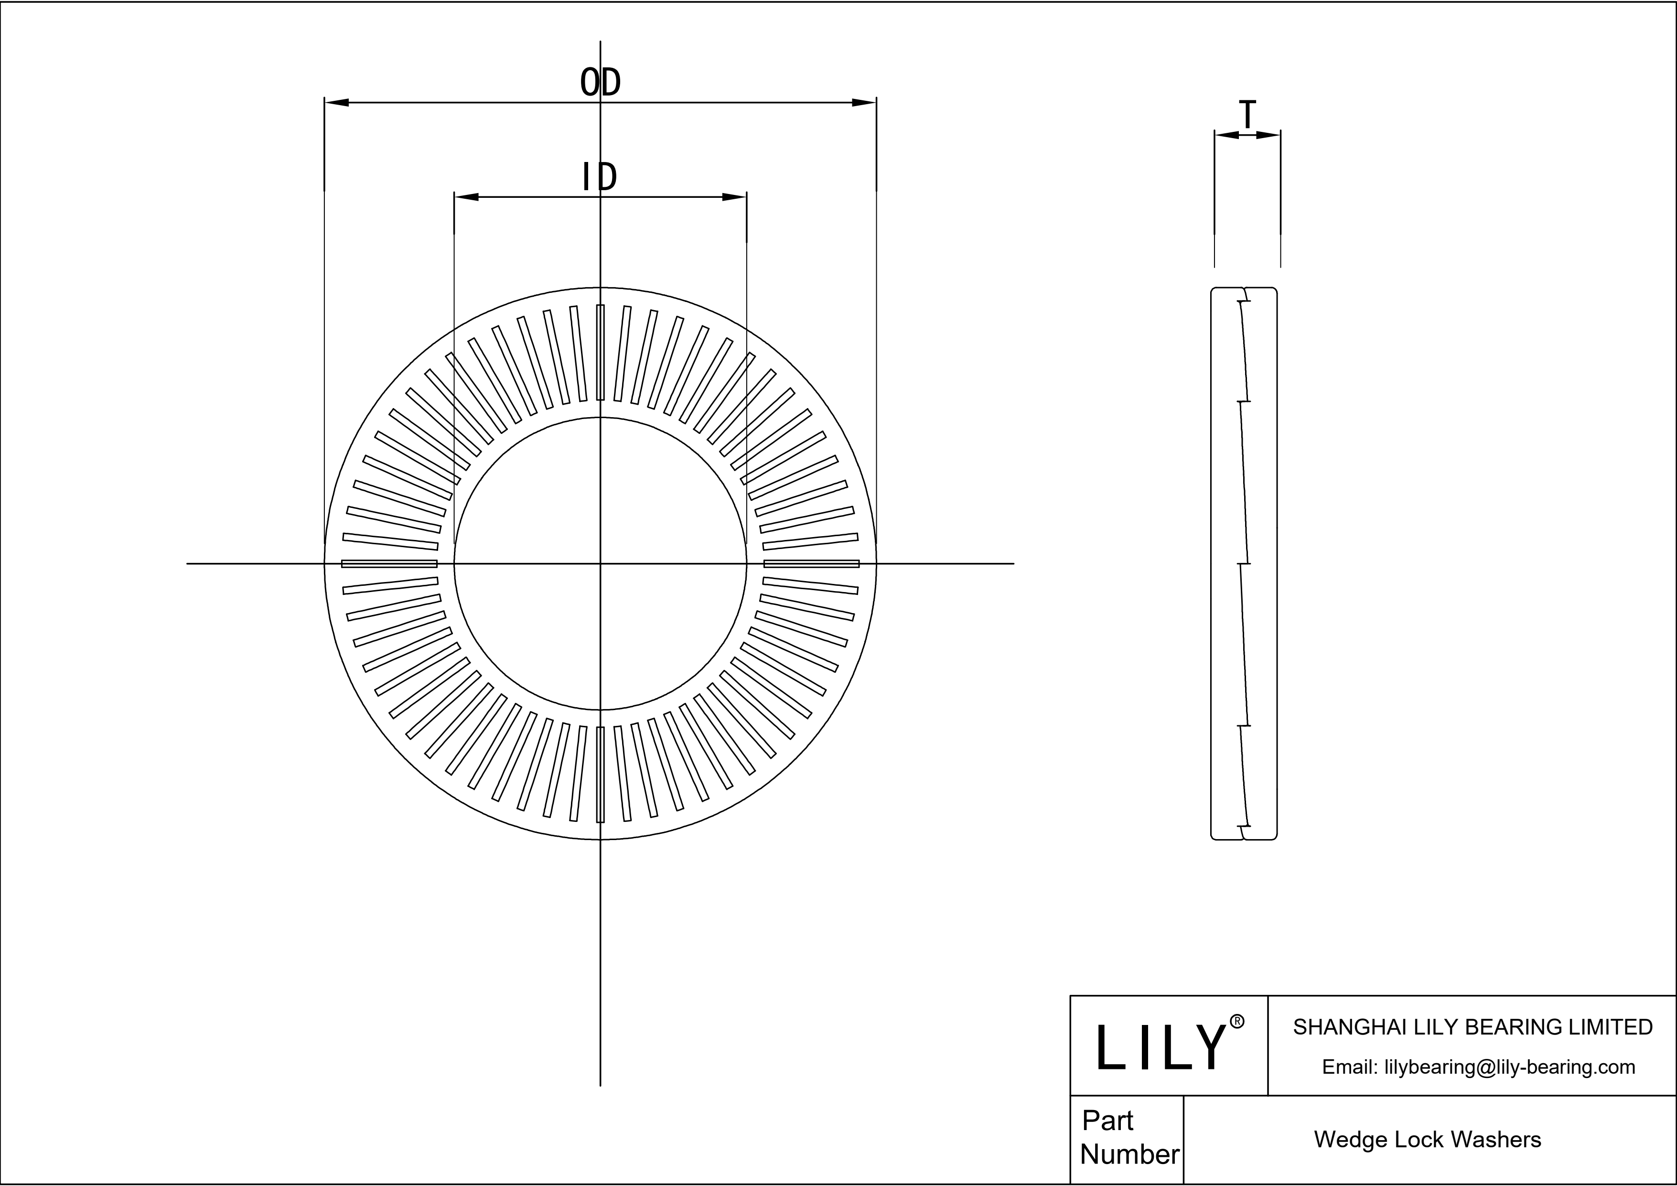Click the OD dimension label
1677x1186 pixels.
coord(601,83)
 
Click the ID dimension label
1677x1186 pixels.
coord(599,177)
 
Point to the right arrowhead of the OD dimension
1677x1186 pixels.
coord(864,102)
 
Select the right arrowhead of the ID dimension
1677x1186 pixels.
coord(735,196)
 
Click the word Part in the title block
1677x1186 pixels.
coord(1107,1120)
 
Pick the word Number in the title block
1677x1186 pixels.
coord(1129,1154)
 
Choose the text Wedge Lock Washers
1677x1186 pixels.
coord(1427,1139)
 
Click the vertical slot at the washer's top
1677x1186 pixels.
coord(601,353)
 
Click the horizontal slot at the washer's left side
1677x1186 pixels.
coord(389,563)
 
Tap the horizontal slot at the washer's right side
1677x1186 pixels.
coord(811,563)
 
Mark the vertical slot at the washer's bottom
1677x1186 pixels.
coord(601,774)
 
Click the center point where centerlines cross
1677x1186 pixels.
coord(601,563)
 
